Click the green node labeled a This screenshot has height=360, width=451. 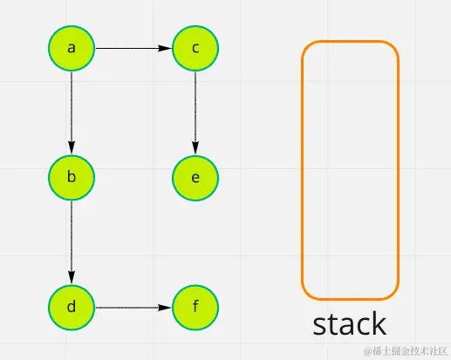click(72, 48)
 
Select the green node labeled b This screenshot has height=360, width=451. click(72, 178)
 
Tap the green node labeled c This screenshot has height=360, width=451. click(195, 48)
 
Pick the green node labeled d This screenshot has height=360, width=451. click(72, 307)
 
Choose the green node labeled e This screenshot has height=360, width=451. click(195, 178)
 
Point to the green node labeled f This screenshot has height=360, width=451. click(195, 307)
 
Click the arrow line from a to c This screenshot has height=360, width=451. click(131, 48)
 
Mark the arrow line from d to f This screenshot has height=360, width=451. click(131, 307)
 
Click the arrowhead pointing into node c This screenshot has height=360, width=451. click(167, 48)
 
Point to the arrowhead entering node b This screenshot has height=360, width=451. click(72, 150)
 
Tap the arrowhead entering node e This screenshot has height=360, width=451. click(195, 150)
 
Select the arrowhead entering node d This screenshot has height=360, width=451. click(72, 279)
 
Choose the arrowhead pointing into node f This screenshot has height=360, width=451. click(167, 307)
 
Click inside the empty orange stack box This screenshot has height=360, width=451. click(350, 169)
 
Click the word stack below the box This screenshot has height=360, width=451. click(349, 323)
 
